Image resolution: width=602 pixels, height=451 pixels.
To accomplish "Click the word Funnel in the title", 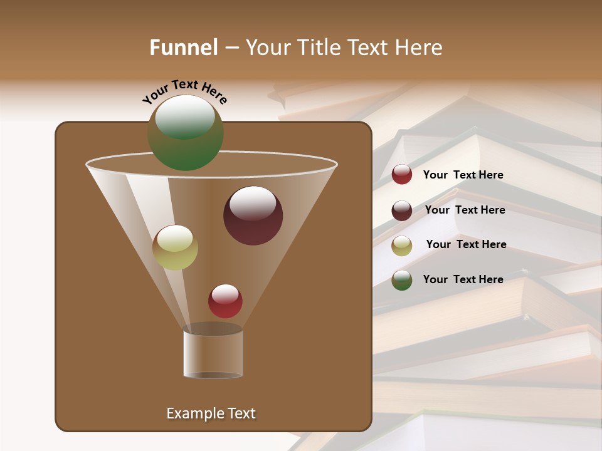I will click(183, 48).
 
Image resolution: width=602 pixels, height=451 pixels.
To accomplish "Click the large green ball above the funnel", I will click(186, 132).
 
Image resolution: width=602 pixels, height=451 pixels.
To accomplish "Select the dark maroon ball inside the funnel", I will click(253, 215).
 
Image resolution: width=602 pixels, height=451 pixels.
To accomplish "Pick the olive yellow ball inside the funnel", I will click(175, 247).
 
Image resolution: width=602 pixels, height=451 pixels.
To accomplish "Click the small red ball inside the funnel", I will click(225, 301).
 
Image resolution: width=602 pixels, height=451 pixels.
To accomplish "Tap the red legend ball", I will click(402, 175).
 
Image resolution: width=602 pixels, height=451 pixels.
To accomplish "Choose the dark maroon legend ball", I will click(402, 210).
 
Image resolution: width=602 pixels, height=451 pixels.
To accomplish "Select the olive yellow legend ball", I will click(402, 246).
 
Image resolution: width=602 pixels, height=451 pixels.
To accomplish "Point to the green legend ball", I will click(402, 280).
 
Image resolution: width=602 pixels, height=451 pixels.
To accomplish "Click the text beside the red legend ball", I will click(463, 175).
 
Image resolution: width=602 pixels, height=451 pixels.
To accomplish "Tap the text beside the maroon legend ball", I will click(465, 210).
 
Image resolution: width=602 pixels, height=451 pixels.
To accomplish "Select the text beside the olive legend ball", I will click(466, 244).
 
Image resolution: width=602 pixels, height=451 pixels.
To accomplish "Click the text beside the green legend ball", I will click(463, 279).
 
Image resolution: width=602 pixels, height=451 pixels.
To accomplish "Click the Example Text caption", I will click(211, 413).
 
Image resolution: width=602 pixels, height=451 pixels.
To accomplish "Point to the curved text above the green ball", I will click(185, 91).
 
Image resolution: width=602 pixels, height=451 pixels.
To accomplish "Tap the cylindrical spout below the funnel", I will click(213, 354).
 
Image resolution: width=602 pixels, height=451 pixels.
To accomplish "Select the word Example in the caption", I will click(194, 413).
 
